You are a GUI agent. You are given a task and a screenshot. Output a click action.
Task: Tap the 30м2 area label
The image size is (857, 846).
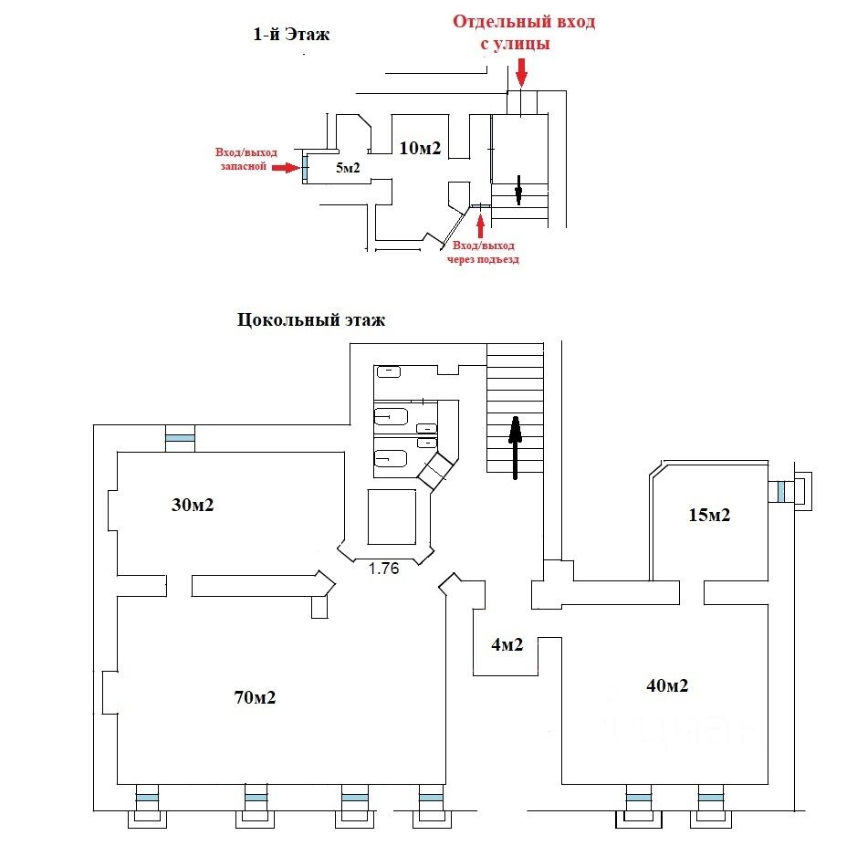(192, 504)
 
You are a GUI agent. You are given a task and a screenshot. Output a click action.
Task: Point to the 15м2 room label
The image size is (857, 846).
(708, 515)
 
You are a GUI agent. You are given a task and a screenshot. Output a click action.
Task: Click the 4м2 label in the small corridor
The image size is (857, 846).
(507, 644)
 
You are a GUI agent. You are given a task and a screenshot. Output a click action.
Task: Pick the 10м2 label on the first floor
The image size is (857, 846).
(421, 148)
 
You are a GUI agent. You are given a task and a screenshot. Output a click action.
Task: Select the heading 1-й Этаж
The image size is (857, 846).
(290, 36)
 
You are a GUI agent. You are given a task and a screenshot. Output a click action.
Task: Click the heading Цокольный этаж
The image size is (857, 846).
(311, 319)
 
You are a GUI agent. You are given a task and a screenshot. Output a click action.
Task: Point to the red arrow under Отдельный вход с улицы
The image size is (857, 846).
(521, 71)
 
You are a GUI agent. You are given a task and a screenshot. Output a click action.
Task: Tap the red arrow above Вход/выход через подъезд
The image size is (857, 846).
(481, 222)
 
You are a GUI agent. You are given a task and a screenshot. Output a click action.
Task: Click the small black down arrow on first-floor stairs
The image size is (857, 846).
(517, 190)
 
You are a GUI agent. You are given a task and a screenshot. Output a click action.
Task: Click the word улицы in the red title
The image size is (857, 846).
(524, 43)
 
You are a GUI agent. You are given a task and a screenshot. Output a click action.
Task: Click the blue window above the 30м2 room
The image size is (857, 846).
(180, 440)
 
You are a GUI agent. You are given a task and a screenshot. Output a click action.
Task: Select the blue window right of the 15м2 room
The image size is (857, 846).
(782, 492)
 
